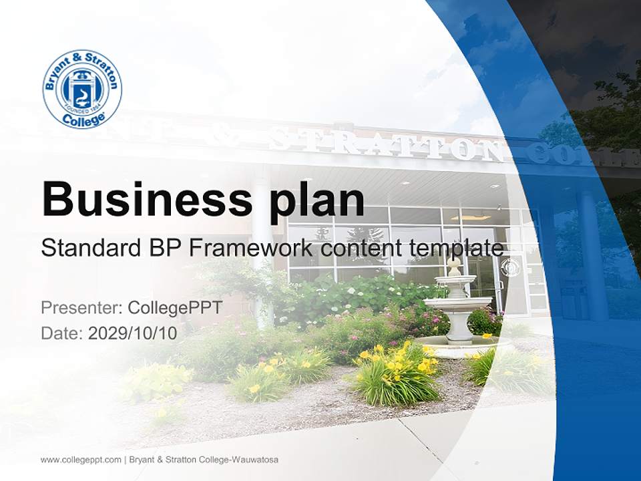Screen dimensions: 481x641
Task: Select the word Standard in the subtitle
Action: (88, 248)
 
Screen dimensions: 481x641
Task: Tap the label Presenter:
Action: (80, 308)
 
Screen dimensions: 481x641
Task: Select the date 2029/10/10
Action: (133, 333)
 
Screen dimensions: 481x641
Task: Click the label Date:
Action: (62, 333)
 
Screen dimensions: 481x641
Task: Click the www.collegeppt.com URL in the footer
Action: (81, 460)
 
